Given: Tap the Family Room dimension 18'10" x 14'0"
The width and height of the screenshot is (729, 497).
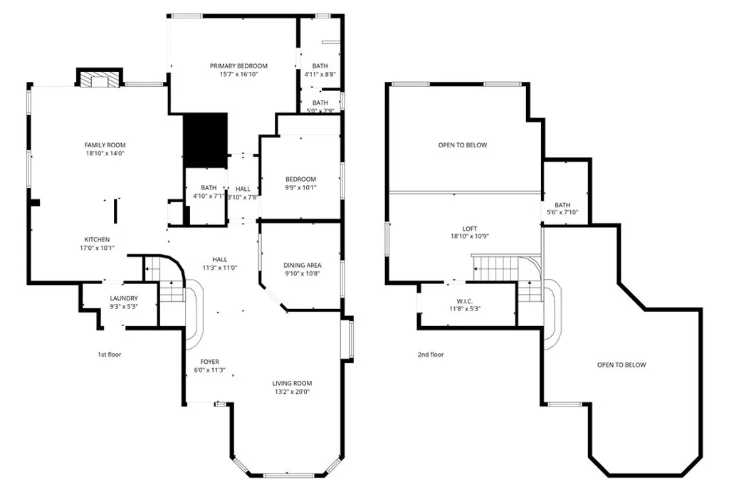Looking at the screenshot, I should coord(105,153).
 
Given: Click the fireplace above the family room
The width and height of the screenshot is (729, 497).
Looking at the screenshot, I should coord(98,80).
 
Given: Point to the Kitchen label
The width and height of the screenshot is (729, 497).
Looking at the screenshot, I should coord(98,239).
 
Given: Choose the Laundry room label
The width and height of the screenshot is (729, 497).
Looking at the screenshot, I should coord(124,298).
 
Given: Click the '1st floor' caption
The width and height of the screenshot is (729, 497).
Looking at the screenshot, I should coord(110,354).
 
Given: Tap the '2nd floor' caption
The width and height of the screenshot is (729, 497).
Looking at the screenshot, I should coord(431,354).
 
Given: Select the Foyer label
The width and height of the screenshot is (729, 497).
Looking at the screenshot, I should coord(209,362).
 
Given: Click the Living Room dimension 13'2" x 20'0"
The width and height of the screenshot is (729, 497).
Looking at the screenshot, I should coord(292,391).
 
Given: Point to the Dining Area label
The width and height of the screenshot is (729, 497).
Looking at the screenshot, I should coord(302,265).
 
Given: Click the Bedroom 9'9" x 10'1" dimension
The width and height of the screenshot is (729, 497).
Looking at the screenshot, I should coord(300,188).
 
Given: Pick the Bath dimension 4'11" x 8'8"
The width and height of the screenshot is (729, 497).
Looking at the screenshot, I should coord(320,74).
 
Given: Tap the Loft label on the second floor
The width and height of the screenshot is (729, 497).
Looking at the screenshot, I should coord(469,229).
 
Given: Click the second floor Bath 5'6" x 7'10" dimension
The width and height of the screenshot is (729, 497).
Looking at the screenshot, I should coord(562,213).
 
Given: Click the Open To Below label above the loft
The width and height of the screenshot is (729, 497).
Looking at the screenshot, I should coord(463,145).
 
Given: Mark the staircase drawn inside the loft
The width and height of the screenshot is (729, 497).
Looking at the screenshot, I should coord(498,268).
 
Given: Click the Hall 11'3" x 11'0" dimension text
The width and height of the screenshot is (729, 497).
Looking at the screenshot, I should coord(219,268).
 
